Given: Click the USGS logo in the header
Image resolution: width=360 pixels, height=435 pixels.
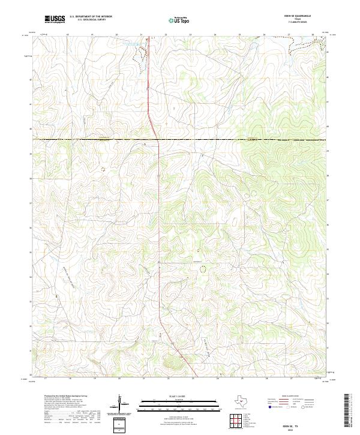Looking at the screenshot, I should pos(55,20).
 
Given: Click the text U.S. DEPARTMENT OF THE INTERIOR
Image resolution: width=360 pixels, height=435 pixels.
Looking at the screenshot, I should pos(91,17).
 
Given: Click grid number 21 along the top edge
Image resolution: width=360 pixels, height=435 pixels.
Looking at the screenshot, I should pos(141,35).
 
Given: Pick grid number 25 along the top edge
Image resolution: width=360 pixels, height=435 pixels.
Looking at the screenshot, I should pos(239,35).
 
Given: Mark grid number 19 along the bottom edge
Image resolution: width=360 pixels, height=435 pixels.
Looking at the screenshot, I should pos(95,379).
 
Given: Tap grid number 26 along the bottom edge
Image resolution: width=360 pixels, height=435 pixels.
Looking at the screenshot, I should pos(266,379).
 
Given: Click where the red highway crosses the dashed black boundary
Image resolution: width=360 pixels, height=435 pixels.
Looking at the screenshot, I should pos(157,140).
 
